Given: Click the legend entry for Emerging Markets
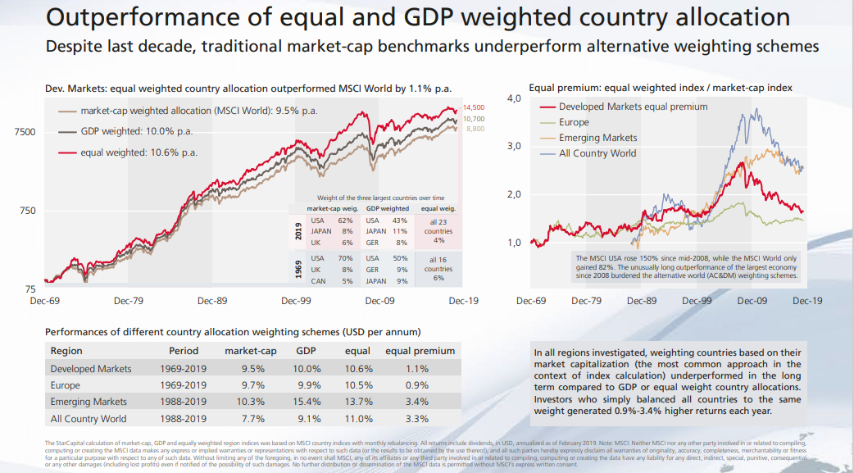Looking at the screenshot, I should [597, 138].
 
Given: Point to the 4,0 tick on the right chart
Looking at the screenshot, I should [515, 99].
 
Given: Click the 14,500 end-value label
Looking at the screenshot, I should [475, 108].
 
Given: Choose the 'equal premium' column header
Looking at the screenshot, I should [420, 351].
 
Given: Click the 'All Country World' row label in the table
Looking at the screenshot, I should [89, 419].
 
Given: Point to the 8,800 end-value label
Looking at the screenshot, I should [475, 129].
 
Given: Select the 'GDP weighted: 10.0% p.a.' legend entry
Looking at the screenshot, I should [137, 131].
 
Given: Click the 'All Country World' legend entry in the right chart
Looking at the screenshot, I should [597, 153].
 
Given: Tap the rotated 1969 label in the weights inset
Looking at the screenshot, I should [298, 268].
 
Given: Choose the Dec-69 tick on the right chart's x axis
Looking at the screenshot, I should [531, 301].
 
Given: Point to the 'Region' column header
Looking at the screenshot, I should [66, 351].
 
